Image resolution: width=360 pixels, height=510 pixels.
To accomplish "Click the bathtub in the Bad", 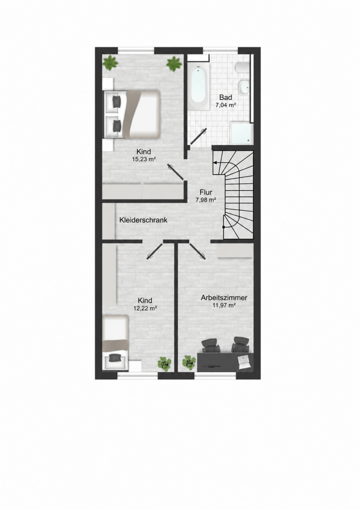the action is [199, 86].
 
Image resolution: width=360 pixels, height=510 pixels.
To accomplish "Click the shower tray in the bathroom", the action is [241, 133].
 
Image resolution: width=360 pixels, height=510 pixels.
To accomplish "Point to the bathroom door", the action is [198, 136].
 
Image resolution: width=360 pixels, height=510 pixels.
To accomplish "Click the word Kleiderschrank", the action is [143, 220].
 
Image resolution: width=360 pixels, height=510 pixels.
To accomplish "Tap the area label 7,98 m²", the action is [206, 200].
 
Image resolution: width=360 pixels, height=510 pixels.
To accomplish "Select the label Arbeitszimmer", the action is [224, 298].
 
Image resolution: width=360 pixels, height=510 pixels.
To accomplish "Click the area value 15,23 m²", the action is [144, 159].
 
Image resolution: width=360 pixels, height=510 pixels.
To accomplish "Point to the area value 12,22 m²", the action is [146, 308].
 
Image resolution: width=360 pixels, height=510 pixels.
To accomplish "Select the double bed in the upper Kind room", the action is [132, 114].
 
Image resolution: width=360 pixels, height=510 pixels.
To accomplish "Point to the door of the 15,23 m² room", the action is [176, 172].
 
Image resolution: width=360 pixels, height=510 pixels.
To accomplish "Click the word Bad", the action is [225, 97].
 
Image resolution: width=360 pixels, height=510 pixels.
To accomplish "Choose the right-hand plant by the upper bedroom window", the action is [174, 64].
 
